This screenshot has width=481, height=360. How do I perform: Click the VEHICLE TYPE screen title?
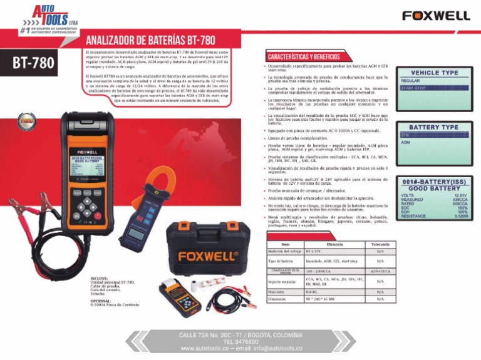point(434,73)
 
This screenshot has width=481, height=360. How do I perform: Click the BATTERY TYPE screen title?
point(434,127)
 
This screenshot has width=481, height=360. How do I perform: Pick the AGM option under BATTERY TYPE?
point(406,143)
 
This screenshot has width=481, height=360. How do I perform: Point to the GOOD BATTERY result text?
point(434,188)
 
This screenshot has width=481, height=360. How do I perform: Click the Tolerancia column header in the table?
point(380,244)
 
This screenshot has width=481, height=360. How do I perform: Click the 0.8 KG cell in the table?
point(311,291)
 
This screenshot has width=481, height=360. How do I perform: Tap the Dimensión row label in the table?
point(276,300)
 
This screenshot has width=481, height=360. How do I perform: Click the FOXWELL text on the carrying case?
point(209,256)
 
